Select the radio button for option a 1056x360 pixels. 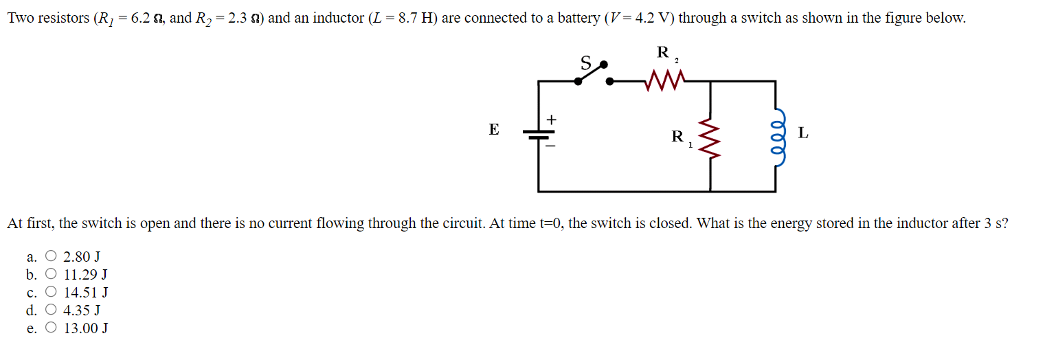51,257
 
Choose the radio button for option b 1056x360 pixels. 51,275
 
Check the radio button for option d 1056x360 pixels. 51,311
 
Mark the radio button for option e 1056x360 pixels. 51,328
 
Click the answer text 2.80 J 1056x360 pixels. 82,257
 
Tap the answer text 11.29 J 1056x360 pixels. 85,275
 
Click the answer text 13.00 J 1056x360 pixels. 85,328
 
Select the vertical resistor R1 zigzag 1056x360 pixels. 710,135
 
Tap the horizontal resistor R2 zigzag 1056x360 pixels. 664,82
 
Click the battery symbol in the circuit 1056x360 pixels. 538,134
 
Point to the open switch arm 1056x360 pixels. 591,73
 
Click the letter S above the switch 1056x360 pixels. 586,63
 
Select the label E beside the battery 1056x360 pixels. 493,130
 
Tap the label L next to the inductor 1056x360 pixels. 803,133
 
